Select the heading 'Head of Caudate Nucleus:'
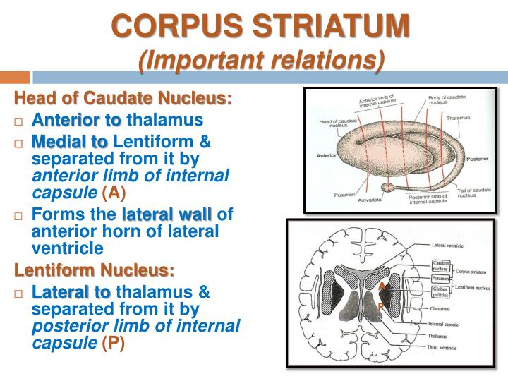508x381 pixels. click(123, 98)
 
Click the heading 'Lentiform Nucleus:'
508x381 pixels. click(95, 270)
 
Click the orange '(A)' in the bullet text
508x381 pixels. click(117, 193)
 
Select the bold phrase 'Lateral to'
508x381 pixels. click(71, 292)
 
